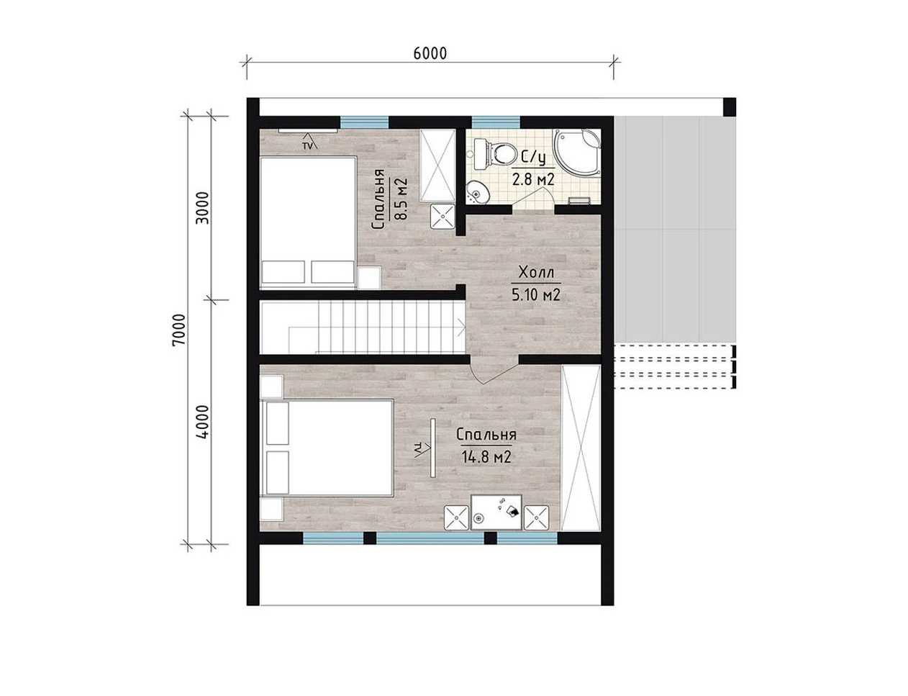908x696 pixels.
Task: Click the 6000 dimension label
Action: [x=430, y=53]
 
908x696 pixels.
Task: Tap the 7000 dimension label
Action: [x=178, y=330]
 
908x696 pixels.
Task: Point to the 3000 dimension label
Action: [x=202, y=208]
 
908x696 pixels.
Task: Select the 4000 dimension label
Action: [x=202, y=422]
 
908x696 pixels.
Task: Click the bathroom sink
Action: [x=478, y=193]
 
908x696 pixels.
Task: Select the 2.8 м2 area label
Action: [x=534, y=179]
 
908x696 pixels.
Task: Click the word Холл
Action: [x=536, y=273]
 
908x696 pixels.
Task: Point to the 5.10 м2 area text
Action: [x=536, y=295]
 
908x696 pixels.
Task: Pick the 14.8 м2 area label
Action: [x=486, y=457]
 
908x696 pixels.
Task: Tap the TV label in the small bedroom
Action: [x=307, y=146]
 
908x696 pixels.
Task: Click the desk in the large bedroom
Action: [x=496, y=512]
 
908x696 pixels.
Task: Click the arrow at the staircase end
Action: [x=461, y=327]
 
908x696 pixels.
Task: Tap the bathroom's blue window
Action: [x=496, y=122]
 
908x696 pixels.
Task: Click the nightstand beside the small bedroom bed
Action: [x=369, y=278]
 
